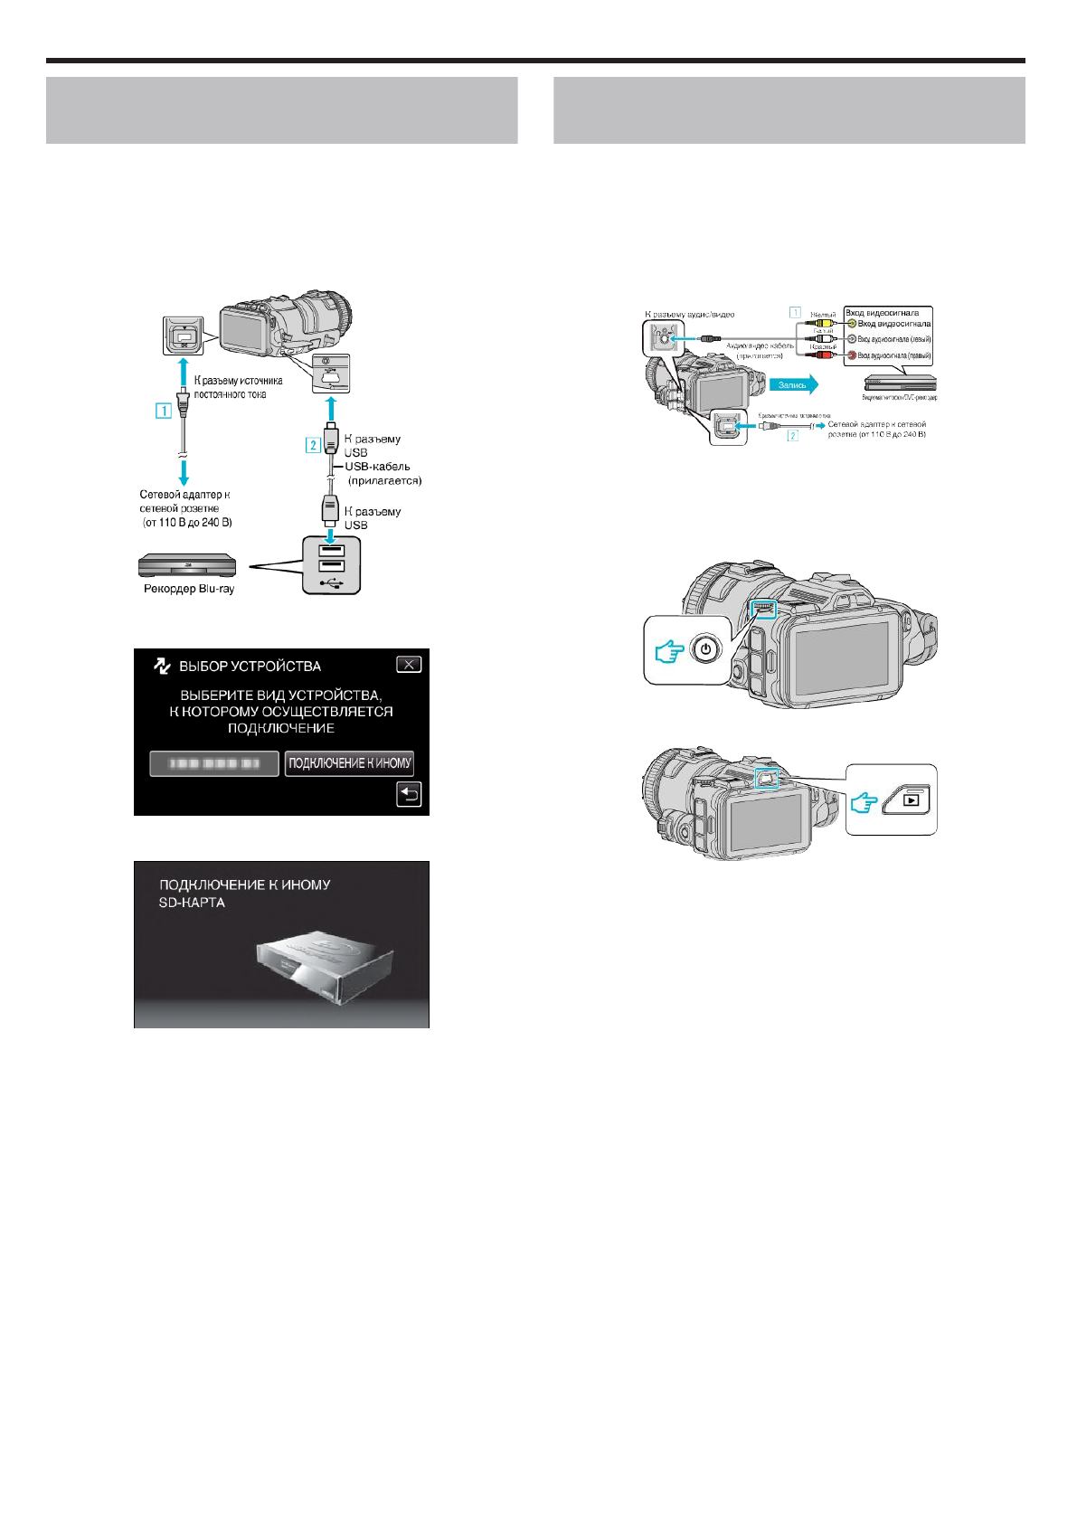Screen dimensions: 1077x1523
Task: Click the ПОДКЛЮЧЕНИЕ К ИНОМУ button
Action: [349, 763]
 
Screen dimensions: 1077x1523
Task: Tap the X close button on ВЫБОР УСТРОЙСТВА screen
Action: [409, 665]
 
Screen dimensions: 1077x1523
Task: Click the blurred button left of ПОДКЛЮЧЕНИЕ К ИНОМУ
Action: [213, 763]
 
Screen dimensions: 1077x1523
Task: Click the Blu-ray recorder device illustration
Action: [187, 566]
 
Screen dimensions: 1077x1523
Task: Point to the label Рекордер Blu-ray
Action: [189, 589]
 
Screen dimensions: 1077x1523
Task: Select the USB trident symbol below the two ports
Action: [331, 582]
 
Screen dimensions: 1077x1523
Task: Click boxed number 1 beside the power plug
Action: [164, 411]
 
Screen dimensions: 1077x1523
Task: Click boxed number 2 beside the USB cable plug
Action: [313, 444]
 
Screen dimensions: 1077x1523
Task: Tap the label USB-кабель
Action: [377, 467]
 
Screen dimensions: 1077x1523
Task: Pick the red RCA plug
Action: [824, 355]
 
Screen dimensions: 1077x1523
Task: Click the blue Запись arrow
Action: [796, 385]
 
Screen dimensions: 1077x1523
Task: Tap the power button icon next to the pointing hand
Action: [705, 650]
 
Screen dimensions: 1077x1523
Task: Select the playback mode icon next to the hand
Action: [912, 799]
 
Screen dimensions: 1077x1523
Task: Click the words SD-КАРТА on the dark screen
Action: [192, 903]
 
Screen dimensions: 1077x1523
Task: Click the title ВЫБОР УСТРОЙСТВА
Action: [250, 667]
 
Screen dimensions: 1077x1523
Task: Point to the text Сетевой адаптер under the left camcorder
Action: [184, 495]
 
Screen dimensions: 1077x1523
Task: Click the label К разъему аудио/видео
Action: [689, 315]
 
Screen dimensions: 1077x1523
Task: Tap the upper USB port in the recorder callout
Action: [331, 550]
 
